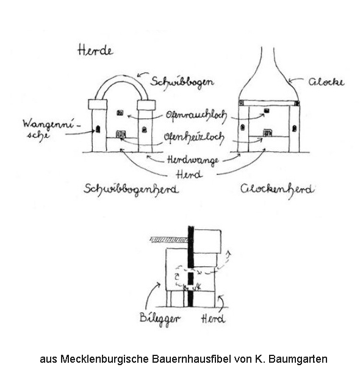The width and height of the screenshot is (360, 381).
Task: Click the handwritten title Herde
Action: [95, 51]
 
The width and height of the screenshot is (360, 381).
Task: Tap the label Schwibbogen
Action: [182, 82]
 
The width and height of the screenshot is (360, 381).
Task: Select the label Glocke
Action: [326, 82]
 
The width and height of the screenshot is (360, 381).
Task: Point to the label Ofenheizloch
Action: [194, 138]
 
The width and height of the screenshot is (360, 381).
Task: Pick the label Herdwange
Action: [193, 160]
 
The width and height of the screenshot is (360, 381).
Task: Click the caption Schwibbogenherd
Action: [131, 190]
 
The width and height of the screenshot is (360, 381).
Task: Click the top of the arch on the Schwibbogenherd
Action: [121, 78]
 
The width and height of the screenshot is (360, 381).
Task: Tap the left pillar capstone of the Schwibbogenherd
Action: [98, 104]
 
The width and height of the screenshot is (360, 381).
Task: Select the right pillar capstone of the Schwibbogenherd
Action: [146, 105]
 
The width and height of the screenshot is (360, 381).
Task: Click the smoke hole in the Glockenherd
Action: [267, 111]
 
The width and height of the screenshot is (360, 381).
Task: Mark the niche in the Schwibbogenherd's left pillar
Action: [98, 129]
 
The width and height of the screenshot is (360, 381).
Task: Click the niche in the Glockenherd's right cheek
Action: [294, 128]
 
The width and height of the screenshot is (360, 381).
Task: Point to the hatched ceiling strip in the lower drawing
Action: [169, 240]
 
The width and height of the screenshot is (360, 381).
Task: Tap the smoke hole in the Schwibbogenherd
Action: [120, 113]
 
